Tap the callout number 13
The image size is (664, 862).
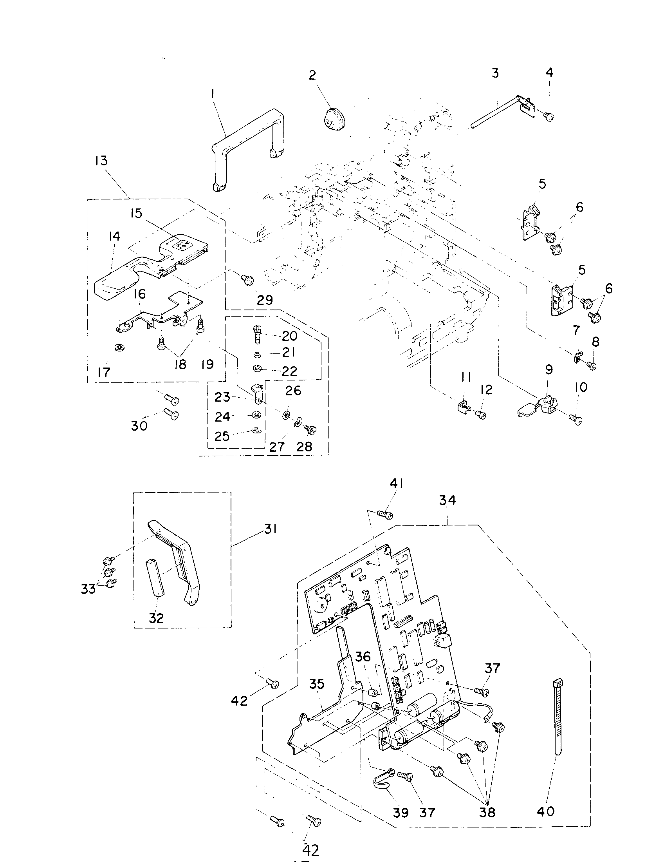click(x=101, y=161)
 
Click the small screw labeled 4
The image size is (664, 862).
click(x=549, y=116)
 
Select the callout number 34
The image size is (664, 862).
click(x=447, y=500)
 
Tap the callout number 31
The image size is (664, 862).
click(x=271, y=529)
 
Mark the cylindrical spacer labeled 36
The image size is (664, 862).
click(x=373, y=693)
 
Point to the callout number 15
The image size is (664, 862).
click(x=136, y=214)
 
